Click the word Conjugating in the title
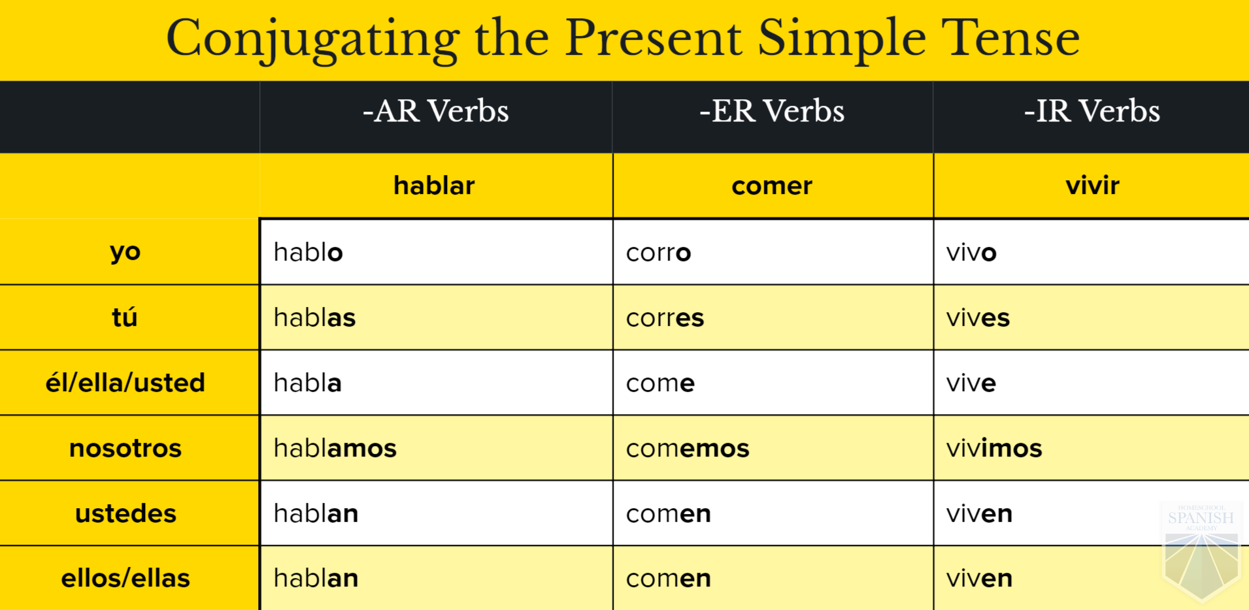point(313,39)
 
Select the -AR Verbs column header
point(436,111)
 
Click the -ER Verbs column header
point(772,111)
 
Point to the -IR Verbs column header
point(1092,111)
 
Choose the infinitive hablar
point(434,185)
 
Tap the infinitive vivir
point(1092,185)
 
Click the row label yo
point(125,253)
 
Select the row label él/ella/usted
point(125,382)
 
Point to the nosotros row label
point(125,449)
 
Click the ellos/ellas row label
point(125,578)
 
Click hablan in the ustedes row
point(316,513)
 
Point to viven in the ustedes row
point(979,513)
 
